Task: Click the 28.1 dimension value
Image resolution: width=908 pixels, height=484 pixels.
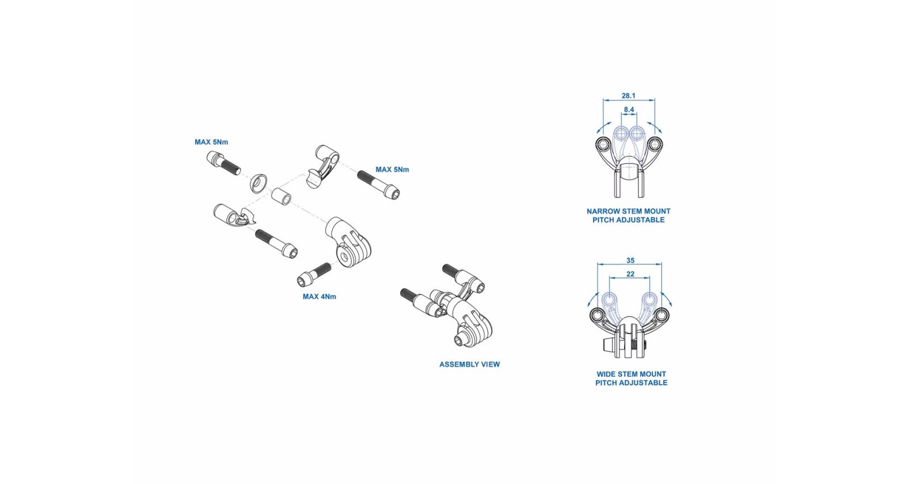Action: [x=628, y=96]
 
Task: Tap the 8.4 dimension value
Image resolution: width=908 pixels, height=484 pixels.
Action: [x=629, y=110]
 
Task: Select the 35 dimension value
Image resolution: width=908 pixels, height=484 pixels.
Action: [x=630, y=260]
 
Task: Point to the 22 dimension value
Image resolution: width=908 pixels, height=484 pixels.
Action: [x=630, y=274]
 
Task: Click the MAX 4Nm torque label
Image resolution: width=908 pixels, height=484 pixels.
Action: [x=320, y=296]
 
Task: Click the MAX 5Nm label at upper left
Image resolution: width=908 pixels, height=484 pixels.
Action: [x=211, y=142]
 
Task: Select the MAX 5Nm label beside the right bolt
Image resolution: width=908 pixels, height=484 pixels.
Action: [x=392, y=170]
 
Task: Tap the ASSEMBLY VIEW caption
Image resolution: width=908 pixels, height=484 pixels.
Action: [x=469, y=364]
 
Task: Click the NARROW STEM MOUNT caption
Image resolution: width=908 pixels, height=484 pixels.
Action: [x=628, y=211]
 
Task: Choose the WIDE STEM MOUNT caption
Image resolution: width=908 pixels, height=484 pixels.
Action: [x=631, y=374]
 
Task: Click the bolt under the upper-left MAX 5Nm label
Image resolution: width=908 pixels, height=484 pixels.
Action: [x=224, y=162]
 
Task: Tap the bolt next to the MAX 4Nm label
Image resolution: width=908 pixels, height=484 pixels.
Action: [x=314, y=274]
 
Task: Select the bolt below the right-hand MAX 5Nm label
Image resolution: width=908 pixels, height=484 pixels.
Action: [x=379, y=184]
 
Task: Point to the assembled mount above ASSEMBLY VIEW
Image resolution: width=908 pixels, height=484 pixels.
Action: [x=446, y=306]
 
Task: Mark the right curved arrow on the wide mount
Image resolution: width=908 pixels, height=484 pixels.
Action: [x=666, y=299]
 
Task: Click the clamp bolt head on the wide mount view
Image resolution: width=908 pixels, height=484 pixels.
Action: [x=607, y=346]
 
